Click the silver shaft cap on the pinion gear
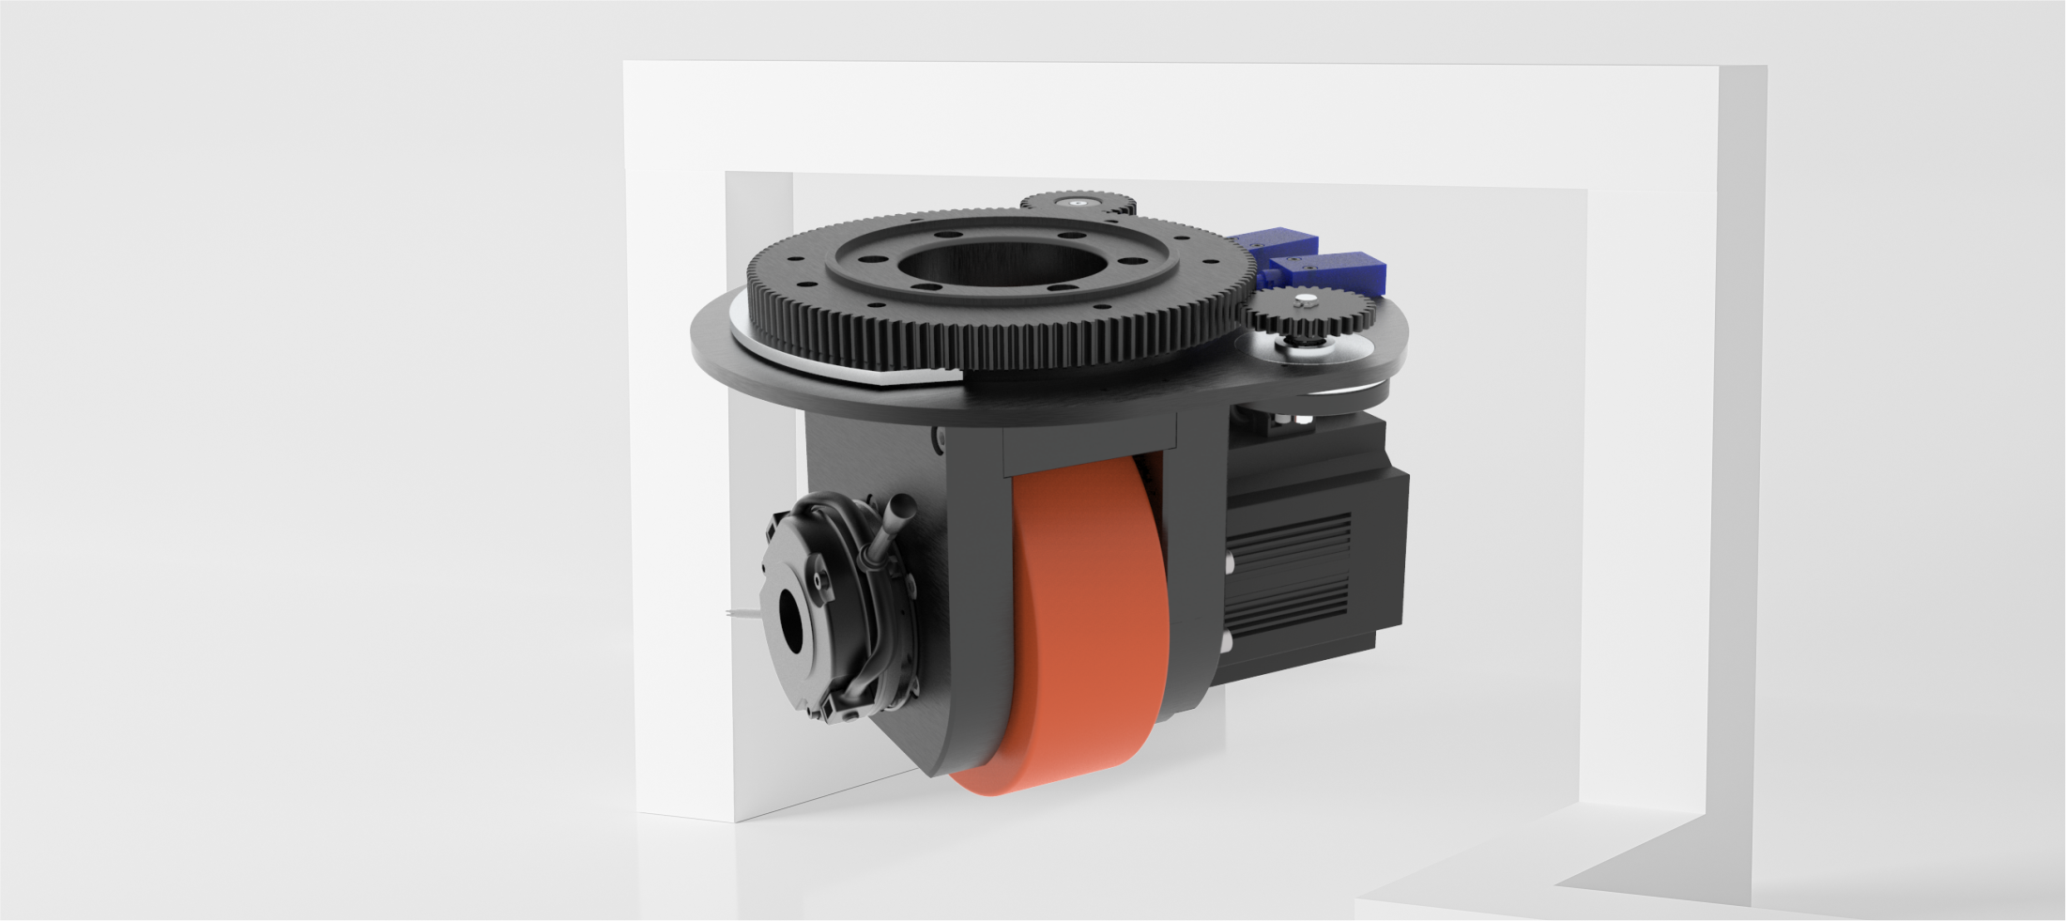click(x=1305, y=300)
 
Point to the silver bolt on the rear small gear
click(x=1074, y=201)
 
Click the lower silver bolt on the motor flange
click(x=1227, y=640)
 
